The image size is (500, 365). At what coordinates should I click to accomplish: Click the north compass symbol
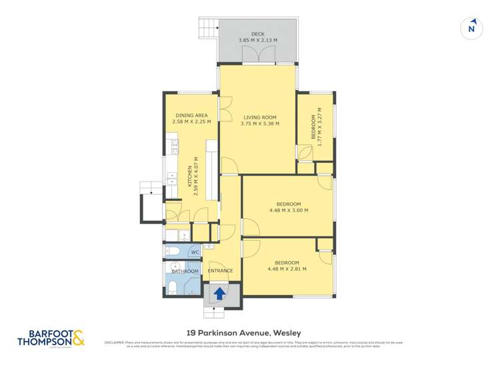[x=472, y=28]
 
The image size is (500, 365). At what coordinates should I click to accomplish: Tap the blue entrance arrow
[x=219, y=292]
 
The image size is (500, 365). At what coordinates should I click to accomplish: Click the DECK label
[x=258, y=34]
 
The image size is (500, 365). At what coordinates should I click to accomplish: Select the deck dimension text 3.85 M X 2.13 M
[x=258, y=41]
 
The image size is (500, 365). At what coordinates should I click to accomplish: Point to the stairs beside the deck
[x=209, y=29]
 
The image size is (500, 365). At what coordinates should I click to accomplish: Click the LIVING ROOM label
[x=260, y=117]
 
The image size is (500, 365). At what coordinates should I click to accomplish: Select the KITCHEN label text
[x=189, y=175]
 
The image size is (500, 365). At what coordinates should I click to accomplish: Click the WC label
[x=195, y=252]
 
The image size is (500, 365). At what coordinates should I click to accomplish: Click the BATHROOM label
[x=185, y=271]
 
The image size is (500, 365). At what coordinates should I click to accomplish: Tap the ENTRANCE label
[x=220, y=270]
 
